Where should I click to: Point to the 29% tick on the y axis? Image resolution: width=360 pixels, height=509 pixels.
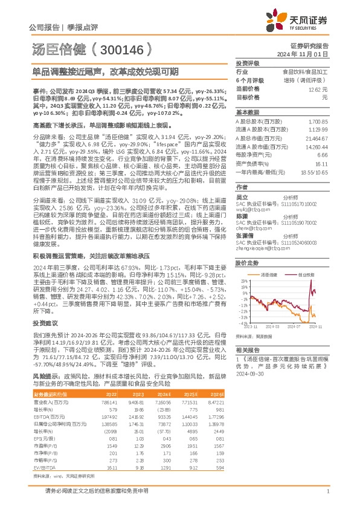tap(242, 281)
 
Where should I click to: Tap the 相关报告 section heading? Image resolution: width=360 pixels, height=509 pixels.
tap(247, 350)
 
